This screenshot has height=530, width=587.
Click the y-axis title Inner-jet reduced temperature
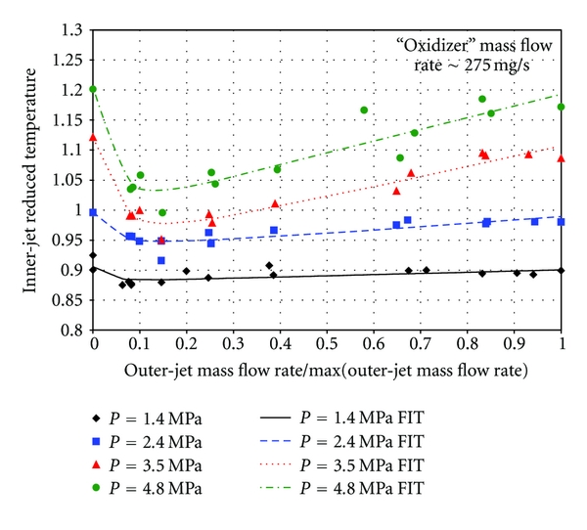[28, 180]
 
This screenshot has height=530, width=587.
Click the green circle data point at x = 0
[93, 89]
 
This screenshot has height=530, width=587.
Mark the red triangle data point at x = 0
[93, 138]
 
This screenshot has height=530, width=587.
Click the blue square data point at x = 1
[562, 222]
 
